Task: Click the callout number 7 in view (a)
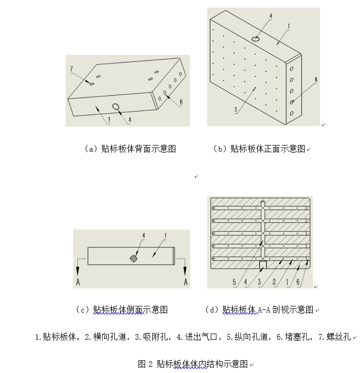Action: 71,69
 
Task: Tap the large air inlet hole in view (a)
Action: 116,107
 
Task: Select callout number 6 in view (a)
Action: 181,102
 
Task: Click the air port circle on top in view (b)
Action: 256,39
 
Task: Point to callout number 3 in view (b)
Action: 236,110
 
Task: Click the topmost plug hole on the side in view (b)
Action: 292,69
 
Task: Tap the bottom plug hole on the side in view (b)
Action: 292,113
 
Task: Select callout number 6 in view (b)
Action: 316,80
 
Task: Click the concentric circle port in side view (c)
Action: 133,259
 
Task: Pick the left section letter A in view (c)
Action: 78,282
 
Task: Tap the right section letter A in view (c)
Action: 186,282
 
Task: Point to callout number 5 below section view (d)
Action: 234,282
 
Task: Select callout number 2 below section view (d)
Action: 274,282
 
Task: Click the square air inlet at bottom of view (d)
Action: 263,265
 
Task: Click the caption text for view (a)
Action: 130,149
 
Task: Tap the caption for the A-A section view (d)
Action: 259,309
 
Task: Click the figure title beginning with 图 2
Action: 193,364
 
